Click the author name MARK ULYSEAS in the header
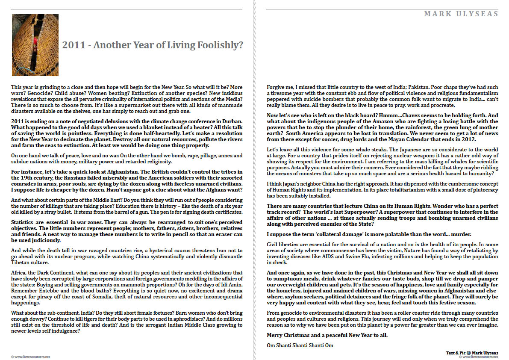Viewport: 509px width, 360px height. point(461,14)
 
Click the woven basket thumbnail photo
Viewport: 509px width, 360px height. point(29,45)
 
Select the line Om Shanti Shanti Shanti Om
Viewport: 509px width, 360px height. point(300,345)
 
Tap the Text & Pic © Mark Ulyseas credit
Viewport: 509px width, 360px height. point(472,353)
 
